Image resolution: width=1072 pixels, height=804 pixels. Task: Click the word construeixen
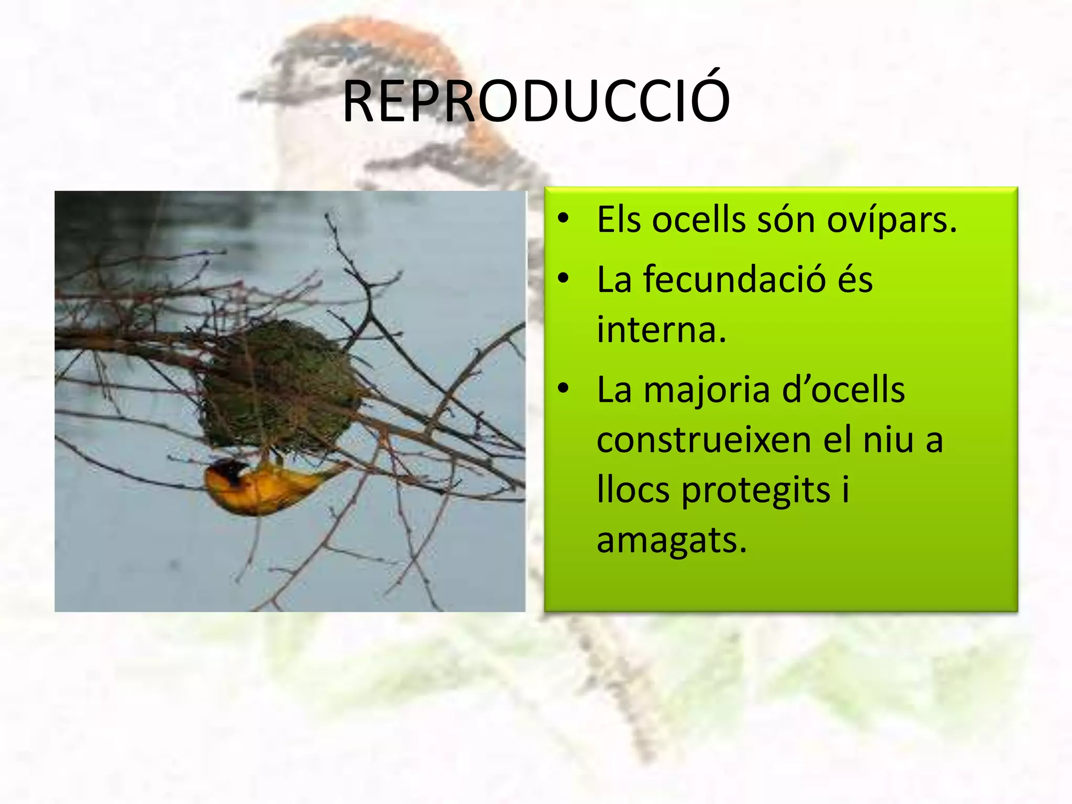point(703,440)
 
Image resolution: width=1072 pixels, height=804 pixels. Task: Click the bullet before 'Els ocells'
point(563,219)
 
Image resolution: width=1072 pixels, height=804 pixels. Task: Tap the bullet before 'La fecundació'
point(563,278)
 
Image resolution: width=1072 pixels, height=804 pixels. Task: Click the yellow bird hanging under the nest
point(262,487)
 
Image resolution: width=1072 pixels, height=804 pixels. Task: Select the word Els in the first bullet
point(619,219)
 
